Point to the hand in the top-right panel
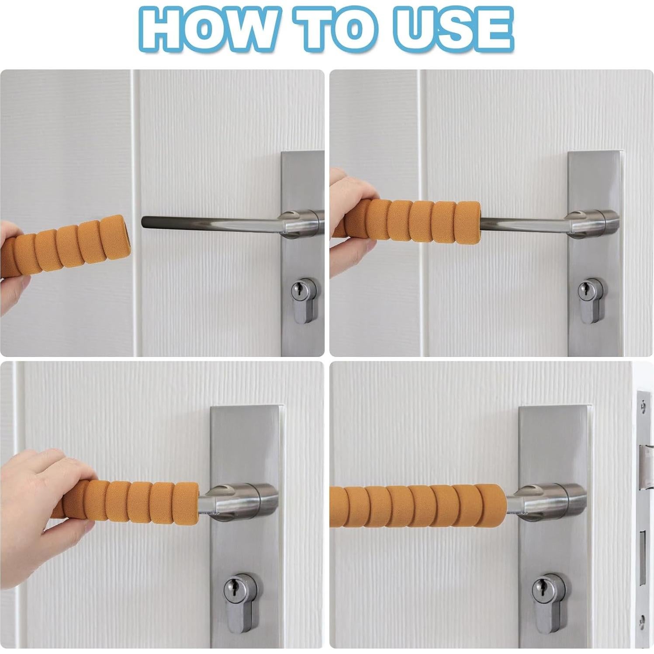pyautogui.click(x=349, y=223)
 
